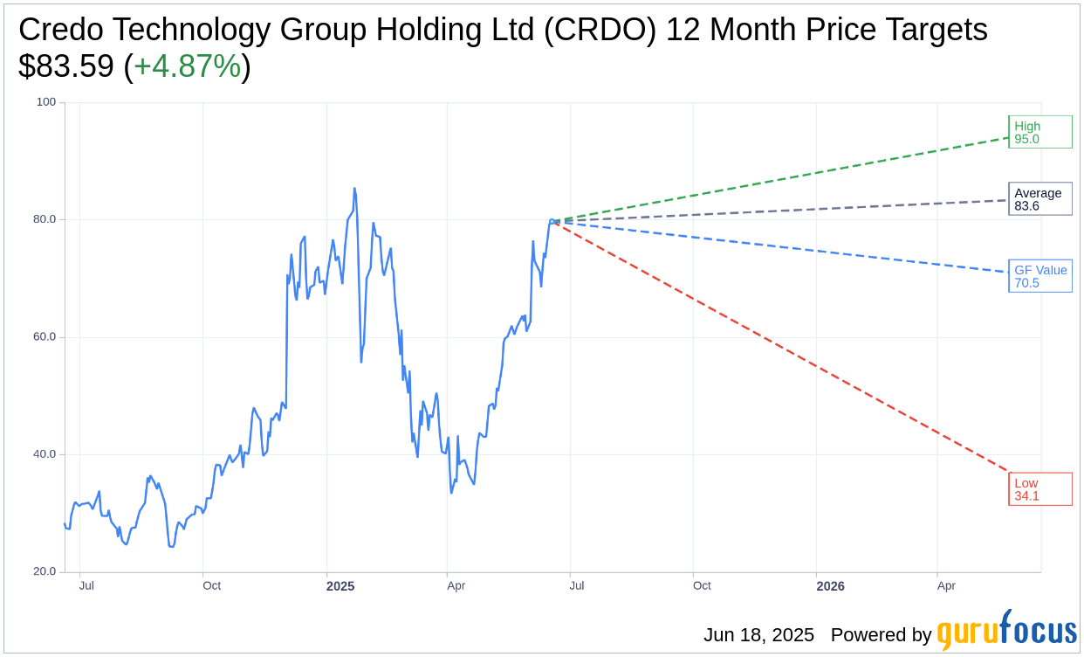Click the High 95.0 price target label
click(x=1039, y=132)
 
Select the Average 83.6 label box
click(x=1039, y=199)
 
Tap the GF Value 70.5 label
click(x=1039, y=276)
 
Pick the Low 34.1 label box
click(x=1039, y=489)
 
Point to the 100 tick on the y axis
click(x=45, y=102)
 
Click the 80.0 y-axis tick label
click(x=45, y=219)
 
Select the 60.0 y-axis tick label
click(x=45, y=336)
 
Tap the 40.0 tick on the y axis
click(x=45, y=454)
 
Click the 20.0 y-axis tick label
click(x=45, y=571)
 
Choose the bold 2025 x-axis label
click(x=340, y=586)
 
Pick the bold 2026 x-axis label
click(x=830, y=586)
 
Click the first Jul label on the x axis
click(x=86, y=585)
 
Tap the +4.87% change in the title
click(x=187, y=66)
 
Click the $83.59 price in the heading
click(x=66, y=66)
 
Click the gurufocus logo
click(x=1006, y=631)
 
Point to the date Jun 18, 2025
click(x=758, y=635)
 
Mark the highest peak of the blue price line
click(x=354, y=188)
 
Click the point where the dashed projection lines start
click(x=552, y=221)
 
